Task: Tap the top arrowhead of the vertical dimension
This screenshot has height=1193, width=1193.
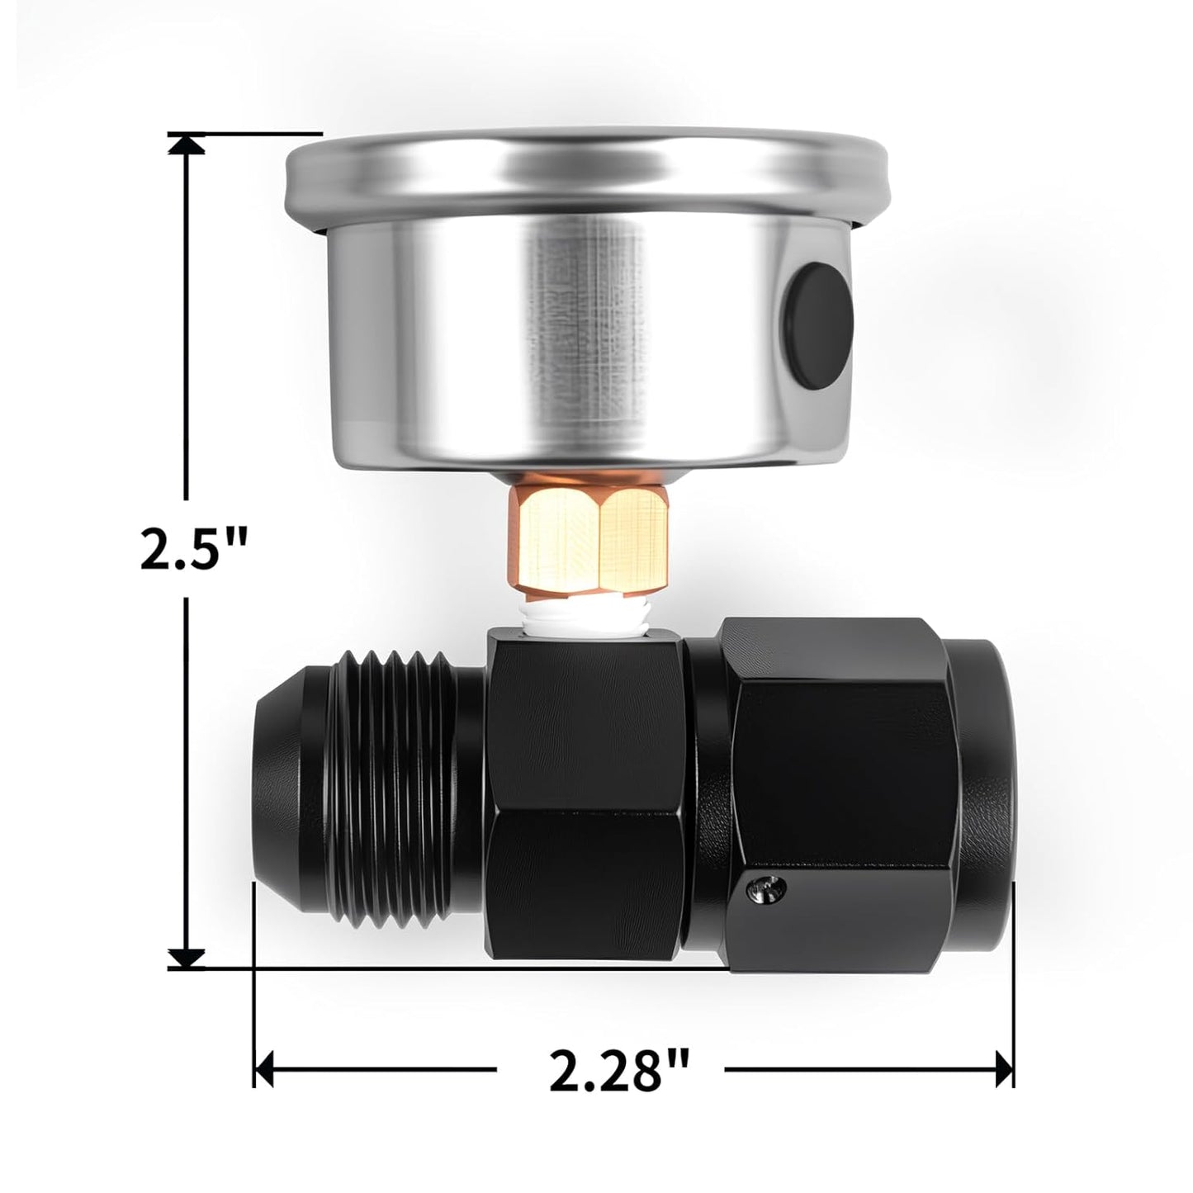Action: coord(187,144)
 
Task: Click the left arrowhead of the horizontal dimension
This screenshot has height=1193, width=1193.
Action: coord(264,1071)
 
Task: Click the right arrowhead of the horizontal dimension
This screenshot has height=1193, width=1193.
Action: coord(1005,1071)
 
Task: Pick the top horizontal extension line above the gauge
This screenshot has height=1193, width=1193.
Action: coord(248,133)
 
